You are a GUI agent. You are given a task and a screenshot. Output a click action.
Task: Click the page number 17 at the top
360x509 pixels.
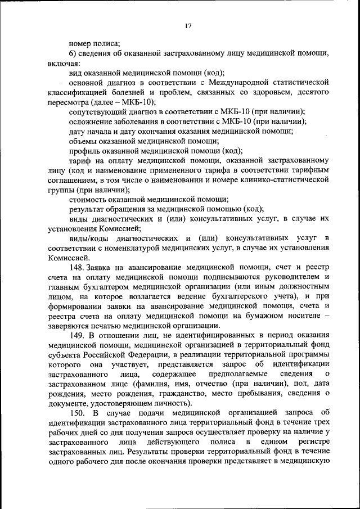click(x=188, y=25)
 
